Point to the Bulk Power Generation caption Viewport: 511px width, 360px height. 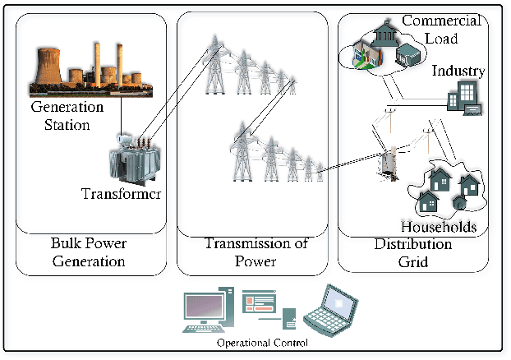pyautogui.click(x=88, y=252)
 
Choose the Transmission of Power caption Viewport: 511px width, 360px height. pyautogui.click(x=249, y=252)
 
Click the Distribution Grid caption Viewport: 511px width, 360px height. pyautogui.click(x=412, y=252)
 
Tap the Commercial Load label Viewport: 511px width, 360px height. pyautogui.click(x=430, y=29)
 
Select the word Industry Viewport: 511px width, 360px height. pyautogui.click(x=458, y=71)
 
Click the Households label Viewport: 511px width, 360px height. pyautogui.click(x=438, y=225)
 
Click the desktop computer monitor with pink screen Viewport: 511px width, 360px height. pyautogui.click(x=205, y=307)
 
